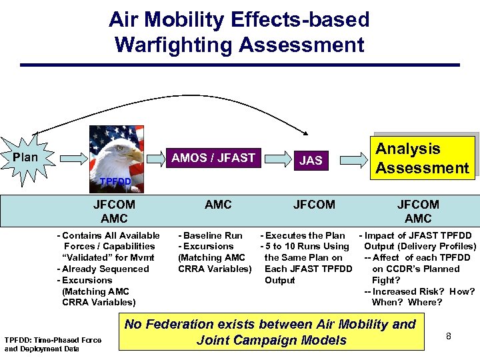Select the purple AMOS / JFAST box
[x=213, y=158]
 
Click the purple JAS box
[x=311, y=160]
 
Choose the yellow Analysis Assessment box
[x=422, y=158]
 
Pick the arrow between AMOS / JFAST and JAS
[x=275, y=159]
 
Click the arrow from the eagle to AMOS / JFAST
[x=155, y=159]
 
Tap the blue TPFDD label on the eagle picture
[x=115, y=181]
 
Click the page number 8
[x=449, y=336]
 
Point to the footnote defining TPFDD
[x=53, y=344]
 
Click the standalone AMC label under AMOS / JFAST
[x=218, y=205]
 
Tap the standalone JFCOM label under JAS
[x=314, y=205]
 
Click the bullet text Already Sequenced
[x=105, y=269]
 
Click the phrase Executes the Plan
[x=305, y=235]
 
